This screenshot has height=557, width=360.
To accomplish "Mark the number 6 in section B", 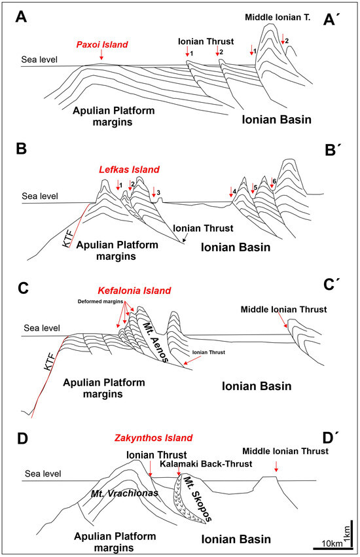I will point(274,179).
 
